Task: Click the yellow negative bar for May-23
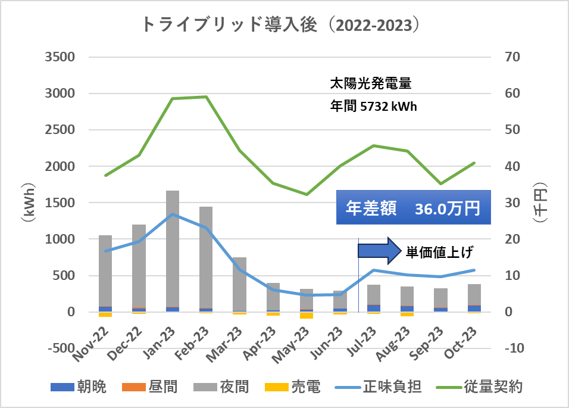coord(307,315)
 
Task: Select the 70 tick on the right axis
coord(514,57)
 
